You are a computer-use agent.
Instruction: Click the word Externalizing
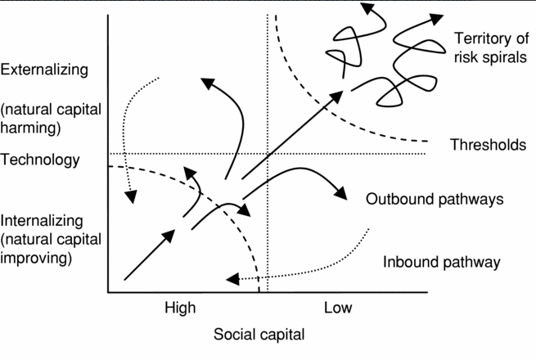(x=44, y=70)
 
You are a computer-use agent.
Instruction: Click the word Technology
(x=41, y=160)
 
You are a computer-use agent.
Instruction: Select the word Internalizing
(x=43, y=220)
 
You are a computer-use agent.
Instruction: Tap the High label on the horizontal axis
(x=180, y=308)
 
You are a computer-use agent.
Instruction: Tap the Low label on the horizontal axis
(x=338, y=308)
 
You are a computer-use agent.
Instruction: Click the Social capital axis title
(x=259, y=334)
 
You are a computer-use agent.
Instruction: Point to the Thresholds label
(x=488, y=145)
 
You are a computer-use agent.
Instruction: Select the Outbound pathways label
(x=434, y=199)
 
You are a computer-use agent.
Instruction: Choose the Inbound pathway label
(x=441, y=263)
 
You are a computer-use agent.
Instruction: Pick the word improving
(x=38, y=258)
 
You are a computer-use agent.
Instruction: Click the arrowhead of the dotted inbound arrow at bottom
(x=232, y=279)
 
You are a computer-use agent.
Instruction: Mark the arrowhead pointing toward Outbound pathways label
(x=339, y=192)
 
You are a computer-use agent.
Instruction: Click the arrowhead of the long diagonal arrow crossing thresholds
(x=336, y=96)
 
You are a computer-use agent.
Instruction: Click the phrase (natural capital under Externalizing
(x=52, y=108)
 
